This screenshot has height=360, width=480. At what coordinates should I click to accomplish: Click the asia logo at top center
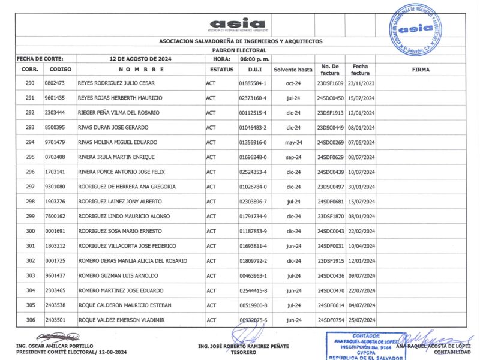(x=238, y=25)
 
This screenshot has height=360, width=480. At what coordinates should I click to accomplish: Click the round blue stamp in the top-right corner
(x=414, y=29)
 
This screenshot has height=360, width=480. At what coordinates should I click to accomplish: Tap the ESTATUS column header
(x=221, y=70)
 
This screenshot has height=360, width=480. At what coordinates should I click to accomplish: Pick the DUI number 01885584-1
(x=253, y=83)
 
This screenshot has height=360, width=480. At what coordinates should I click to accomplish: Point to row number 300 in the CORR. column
(x=30, y=231)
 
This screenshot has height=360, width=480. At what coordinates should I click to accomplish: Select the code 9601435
(x=55, y=98)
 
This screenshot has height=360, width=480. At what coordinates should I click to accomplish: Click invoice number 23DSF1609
(x=330, y=83)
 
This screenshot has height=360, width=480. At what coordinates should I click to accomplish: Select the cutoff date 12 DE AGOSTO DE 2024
(x=141, y=59)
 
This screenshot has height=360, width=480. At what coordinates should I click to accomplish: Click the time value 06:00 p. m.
(x=255, y=59)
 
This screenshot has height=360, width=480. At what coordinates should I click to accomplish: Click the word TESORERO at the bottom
(x=243, y=352)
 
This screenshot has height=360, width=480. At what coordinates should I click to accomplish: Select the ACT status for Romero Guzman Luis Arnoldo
(x=211, y=275)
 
